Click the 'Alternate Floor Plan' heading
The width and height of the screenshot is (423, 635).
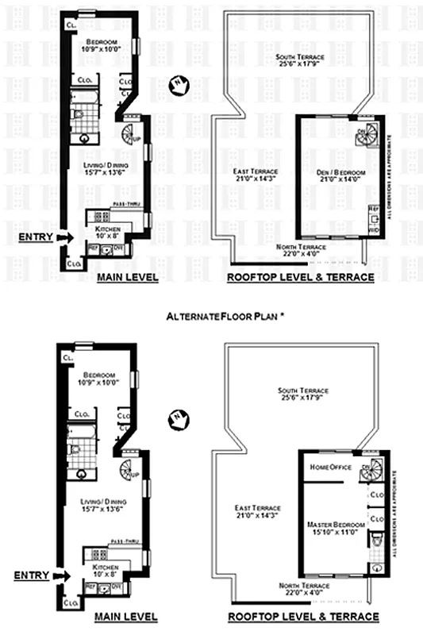225,316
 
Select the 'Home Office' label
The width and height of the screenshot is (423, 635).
329,467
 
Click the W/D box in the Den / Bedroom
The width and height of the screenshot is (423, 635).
374,229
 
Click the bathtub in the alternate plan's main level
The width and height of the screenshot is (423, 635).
83,433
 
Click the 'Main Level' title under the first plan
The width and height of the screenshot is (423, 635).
127,278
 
